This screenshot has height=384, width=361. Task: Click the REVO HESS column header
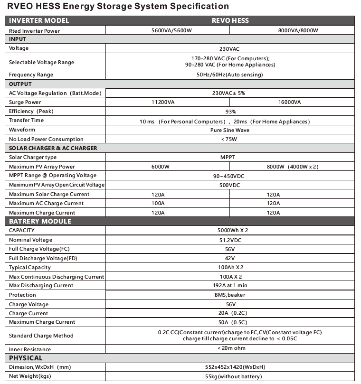[230, 20]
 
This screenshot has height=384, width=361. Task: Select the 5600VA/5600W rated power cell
[167, 30]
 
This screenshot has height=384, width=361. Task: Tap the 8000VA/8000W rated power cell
[291, 30]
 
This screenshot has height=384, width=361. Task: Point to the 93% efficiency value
[230, 112]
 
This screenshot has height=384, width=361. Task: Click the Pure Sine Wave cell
[230, 130]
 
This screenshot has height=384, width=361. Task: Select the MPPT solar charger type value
[230, 158]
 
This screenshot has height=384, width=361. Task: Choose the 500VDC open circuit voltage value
[230, 185]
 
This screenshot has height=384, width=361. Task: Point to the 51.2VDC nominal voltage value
[230, 240]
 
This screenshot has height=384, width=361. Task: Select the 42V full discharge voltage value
[230, 258]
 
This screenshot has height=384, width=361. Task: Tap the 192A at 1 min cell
[230, 286]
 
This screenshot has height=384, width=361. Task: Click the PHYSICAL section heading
[26, 358]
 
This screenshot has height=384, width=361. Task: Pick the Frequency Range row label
[31, 75]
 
